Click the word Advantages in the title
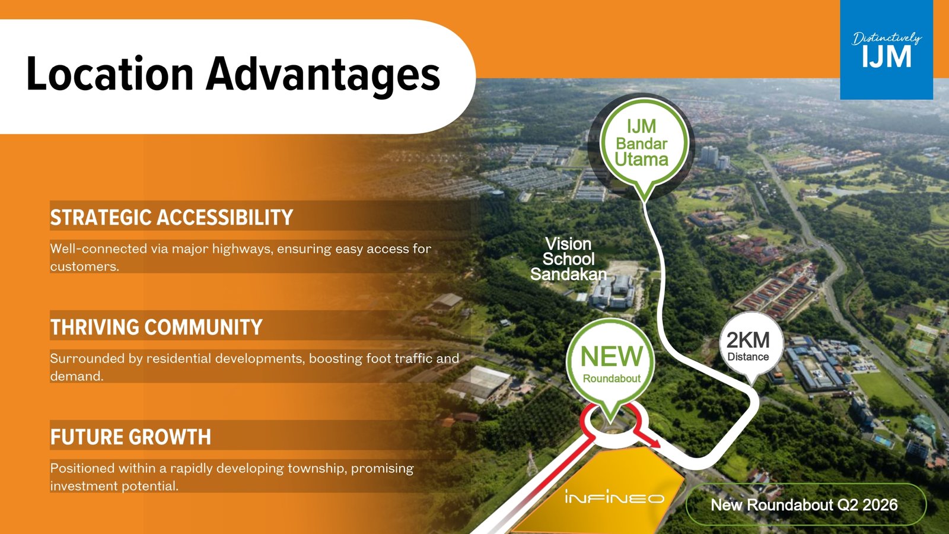[323, 75]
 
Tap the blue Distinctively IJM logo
[886, 50]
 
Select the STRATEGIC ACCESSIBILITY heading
[171, 217]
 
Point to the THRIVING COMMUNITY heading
[157, 327]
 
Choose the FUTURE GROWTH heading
[130, 437]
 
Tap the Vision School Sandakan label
[569, 259]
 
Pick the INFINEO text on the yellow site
[614, 497]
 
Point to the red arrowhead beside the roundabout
[654, 443]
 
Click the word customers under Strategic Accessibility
[84, 266]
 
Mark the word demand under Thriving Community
[77, 376]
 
